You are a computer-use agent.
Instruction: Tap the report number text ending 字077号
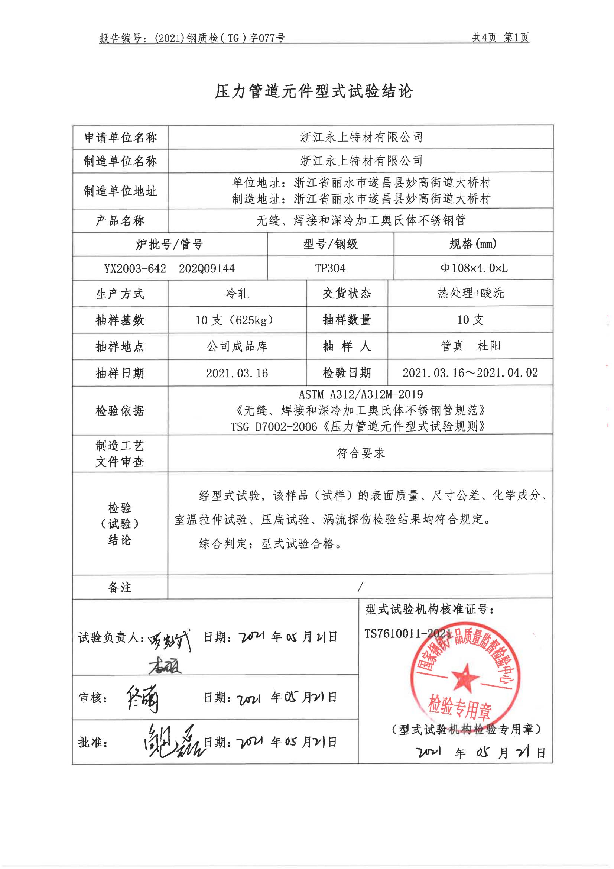click(192, 38)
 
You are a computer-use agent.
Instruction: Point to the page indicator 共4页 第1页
click(500, 38)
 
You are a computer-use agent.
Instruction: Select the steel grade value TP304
click(330, 268)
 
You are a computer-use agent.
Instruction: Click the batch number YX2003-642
click(135, 269)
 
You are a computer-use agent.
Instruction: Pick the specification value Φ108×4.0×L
click(474, 268)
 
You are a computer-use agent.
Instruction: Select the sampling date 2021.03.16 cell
click(237, 373)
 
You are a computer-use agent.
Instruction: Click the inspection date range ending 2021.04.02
click(470, 373)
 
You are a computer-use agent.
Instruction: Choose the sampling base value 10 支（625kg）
click(234, 320)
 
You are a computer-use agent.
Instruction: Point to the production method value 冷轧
click(237, 293)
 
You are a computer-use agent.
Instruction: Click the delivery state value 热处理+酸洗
click(471, 293)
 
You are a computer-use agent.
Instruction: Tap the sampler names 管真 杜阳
click(471, 346)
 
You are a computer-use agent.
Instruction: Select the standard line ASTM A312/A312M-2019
click(361, 395)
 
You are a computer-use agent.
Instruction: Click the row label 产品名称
click(120, 221)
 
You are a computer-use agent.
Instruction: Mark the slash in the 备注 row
click(360, 587)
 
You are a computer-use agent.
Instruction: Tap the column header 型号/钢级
click(330, 244)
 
